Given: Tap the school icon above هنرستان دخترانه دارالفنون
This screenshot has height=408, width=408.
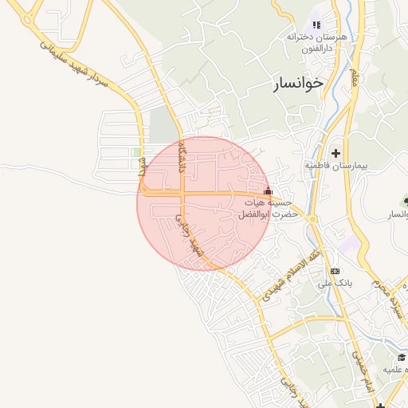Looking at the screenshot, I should coord(316,25).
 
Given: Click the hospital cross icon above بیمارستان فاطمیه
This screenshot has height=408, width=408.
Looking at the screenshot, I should coord(335,152).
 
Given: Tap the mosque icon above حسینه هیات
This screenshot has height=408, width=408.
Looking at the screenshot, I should coord(268,191).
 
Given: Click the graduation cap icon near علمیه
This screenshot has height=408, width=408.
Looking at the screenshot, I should coord(401,357).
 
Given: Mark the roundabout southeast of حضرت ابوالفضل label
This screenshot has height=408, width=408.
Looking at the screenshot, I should coord(312,219).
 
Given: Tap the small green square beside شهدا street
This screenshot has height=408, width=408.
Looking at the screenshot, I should coord(136,151).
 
